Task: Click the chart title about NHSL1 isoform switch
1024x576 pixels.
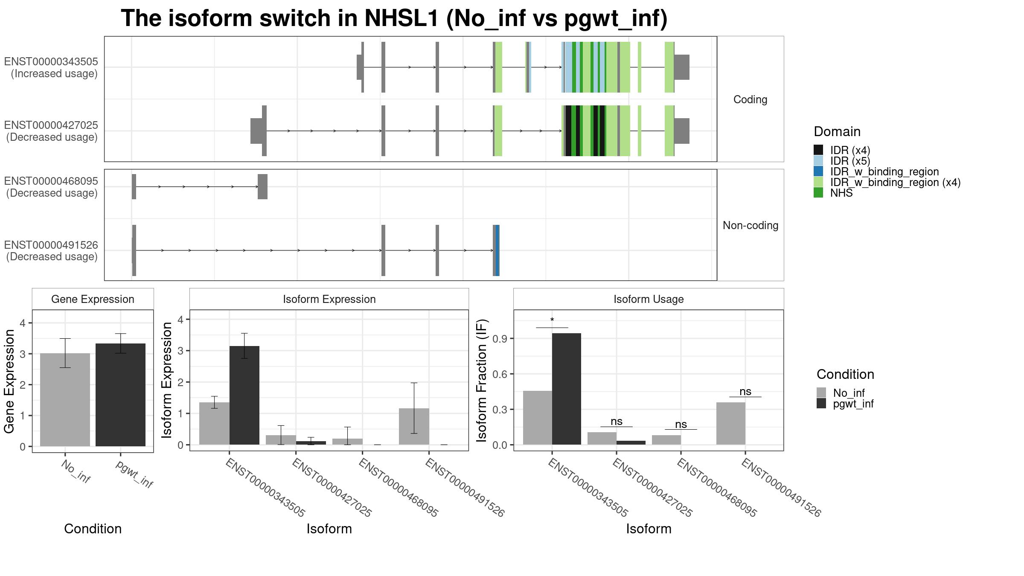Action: (x=394, y=19)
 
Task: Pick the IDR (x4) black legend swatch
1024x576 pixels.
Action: (x=818, y=150)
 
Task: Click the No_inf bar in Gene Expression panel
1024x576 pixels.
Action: (x=65, y=400)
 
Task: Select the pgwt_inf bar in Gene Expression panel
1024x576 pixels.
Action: (x=120, y=395)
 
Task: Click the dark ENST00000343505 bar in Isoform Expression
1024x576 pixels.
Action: (x=244, y=395)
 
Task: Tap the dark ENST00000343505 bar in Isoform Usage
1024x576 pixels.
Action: (x=567, y=389)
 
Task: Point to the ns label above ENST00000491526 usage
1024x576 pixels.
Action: (x=745, y=391)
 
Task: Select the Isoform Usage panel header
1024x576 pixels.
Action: (x=649, y=299)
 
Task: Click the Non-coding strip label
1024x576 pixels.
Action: (x=751, y=225)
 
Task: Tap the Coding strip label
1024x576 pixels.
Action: (x=751, y=99)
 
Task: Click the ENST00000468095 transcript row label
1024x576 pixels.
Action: (x=51, y=187)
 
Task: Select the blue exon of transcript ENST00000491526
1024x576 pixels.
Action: (x=497, y=250)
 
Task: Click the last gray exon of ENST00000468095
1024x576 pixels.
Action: (x=262, y=186)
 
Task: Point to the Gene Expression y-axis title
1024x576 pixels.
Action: (x=9, y=381)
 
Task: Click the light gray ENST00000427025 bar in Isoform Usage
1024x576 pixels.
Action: (x=602, y=438)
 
